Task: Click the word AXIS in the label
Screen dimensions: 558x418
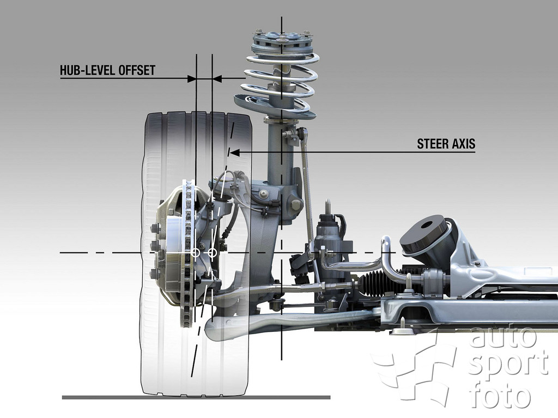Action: [464, 144]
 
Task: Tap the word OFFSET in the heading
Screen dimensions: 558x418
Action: [137, 70]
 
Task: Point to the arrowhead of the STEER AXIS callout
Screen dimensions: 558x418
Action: [234, 153]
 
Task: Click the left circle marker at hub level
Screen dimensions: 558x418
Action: [196, 253]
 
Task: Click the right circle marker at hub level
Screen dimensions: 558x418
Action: [212, 253]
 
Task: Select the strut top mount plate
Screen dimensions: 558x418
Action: [282, 41]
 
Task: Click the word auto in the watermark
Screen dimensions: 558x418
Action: [503, 336]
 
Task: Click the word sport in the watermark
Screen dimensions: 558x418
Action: [508, 366]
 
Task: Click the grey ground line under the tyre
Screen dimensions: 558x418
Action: [196, 397]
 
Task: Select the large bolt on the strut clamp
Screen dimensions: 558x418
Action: [296, 205]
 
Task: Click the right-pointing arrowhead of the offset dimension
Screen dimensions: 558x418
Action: [192, 78]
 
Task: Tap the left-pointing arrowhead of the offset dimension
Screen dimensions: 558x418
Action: [217, 78]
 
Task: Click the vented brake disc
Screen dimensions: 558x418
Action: [188, 253]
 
